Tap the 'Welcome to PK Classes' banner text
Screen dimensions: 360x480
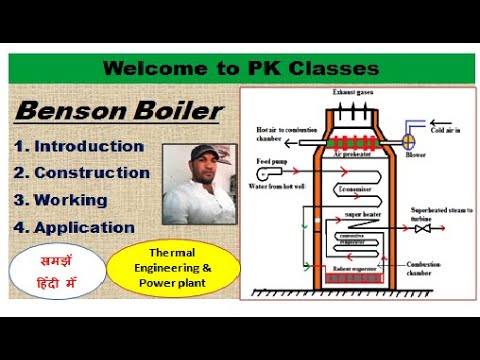240,69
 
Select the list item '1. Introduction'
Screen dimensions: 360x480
79,146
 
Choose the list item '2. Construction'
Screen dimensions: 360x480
82,173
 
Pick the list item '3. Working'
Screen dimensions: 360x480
61,200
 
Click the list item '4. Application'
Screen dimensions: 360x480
74,227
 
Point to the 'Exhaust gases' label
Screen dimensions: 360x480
352,92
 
